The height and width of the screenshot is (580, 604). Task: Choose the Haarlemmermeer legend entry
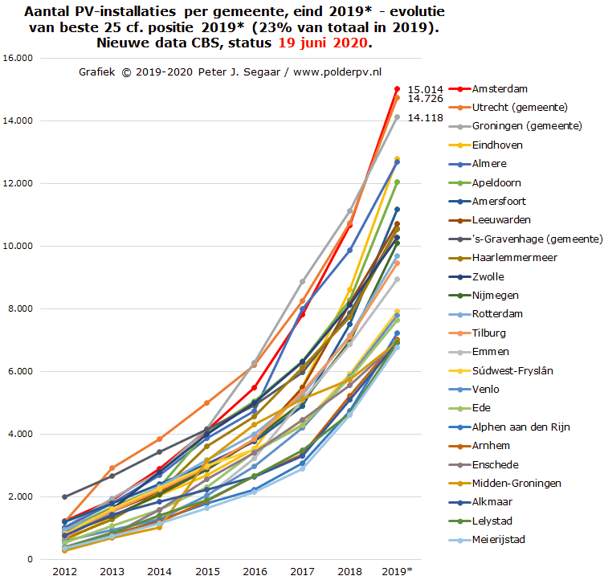point(515,258)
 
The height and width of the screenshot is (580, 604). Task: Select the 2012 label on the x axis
point(64,570)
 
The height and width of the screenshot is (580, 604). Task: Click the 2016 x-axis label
point(254,570)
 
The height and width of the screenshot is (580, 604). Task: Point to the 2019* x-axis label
point(398,570)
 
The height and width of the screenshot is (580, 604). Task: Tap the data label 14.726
point(426,99)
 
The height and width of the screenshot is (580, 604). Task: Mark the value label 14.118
point(426,117)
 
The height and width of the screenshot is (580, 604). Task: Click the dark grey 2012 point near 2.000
point(64,497)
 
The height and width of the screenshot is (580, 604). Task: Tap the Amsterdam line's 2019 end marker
point(397,88)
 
